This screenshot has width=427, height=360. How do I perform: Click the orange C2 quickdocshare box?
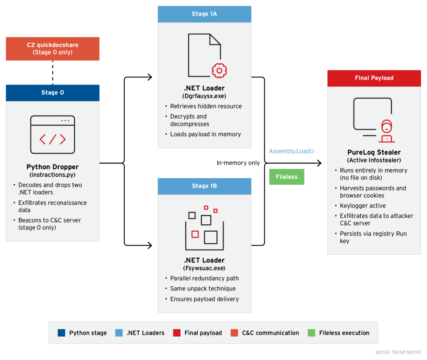(x=53, y=49)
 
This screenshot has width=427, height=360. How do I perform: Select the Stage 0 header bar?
(x=53, y=92)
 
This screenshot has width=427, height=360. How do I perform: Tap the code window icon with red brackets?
(x=53, y=135)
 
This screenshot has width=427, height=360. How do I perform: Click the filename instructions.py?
(x=53, y=174)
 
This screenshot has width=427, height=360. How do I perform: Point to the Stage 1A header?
(x=204, y=14)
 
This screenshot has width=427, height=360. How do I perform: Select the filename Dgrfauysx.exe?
(x=204, y=95)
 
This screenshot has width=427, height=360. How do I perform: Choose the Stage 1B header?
(x=204, y=186)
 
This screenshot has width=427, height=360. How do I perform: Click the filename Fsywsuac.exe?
(x=204, y=268)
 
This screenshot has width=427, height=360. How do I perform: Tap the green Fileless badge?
(x=286, y=177)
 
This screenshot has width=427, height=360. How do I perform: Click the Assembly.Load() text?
(x=291, y=151)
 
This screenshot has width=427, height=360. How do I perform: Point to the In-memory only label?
(x=238, y=163)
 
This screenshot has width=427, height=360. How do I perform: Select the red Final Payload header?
(x=374, y=78)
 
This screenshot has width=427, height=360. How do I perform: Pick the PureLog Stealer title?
(x=374, y=152)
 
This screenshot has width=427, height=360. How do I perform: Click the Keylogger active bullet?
(x=363, y=206)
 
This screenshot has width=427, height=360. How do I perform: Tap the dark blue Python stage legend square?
(x=62, y=333)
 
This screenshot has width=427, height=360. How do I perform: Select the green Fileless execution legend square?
(x=311, y=333)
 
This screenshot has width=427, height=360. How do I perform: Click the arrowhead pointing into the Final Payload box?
(x=319, y=163)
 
